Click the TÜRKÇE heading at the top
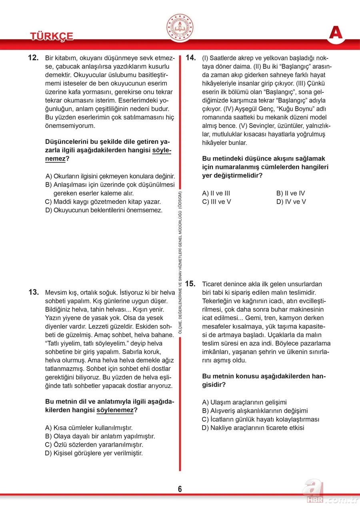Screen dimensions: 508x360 (x=52, y=36)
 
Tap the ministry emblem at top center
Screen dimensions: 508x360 (x=180, y=27)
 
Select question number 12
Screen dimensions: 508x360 (x=33, y=58)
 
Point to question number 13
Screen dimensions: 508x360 (x=33, y=292)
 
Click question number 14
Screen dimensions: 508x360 (x=190, y=58)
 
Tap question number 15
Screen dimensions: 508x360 (x=190, y=284)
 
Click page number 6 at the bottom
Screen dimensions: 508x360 (x=180, y=489)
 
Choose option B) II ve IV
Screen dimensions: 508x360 (x=290, y=193)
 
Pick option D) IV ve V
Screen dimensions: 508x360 (x=291, y=202)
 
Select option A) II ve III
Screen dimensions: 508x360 (x=216, y=193)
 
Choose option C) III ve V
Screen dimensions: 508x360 (x=216, y=202)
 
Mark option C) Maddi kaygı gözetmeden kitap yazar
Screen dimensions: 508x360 (x=103, y=202)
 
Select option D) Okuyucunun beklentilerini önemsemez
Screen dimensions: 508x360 (x=104, y=210)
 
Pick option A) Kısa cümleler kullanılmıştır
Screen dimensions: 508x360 (x=89, y=428)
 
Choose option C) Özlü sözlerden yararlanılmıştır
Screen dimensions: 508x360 (x=94, y=445)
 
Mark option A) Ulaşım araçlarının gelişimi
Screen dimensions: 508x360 (x=244, y=402)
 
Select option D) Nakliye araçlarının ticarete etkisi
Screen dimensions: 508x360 (x=253, y=428)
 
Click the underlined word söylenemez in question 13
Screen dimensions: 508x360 (x=115, y=410)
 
